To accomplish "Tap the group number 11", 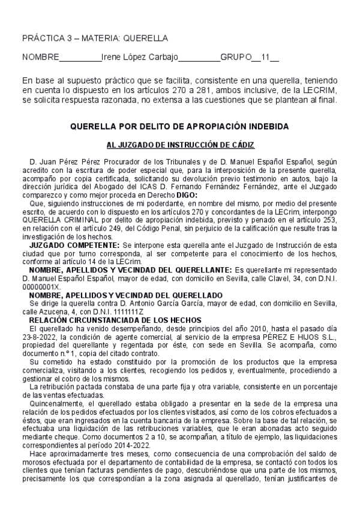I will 266,58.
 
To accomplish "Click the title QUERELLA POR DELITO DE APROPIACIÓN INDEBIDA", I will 179,127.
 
